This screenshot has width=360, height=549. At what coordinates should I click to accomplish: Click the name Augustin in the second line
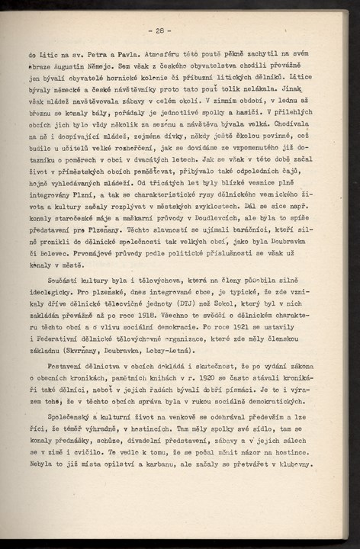point(62,67)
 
